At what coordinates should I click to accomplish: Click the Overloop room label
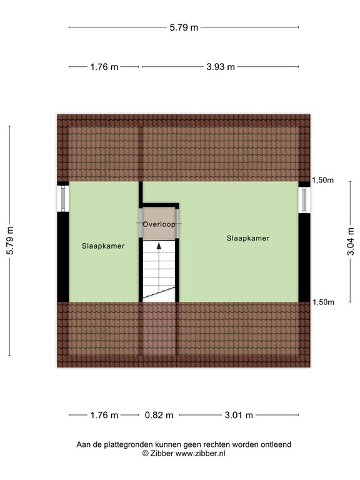pos(159,224)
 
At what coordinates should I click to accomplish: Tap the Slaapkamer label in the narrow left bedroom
pos(103,246)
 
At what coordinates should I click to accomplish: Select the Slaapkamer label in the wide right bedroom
pos(248,238)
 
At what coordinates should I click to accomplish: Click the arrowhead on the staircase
pos(159,246)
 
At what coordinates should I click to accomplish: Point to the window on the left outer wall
pos(63,199)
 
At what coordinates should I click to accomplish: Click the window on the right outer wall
pos(304,200)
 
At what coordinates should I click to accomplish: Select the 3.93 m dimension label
pos(221,67)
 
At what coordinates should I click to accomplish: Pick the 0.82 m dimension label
pos(159,415)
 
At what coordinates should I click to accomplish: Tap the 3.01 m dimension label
pos(239,415)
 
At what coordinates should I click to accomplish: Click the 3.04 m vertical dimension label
pos(351,241)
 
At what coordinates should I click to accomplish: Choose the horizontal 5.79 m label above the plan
pos(184,27)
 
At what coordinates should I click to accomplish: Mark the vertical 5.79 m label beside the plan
pos(10,240)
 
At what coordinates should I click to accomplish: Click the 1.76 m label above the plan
pos(104,67)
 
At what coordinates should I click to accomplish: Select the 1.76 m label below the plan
pos(104,415)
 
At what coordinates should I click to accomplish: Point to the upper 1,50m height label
pos(323,180)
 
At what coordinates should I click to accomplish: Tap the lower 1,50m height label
pos(323,302)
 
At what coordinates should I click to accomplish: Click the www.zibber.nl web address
pos(200,453)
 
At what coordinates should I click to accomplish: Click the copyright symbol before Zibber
pos(146,453)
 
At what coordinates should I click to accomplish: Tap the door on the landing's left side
pos(141,222)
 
